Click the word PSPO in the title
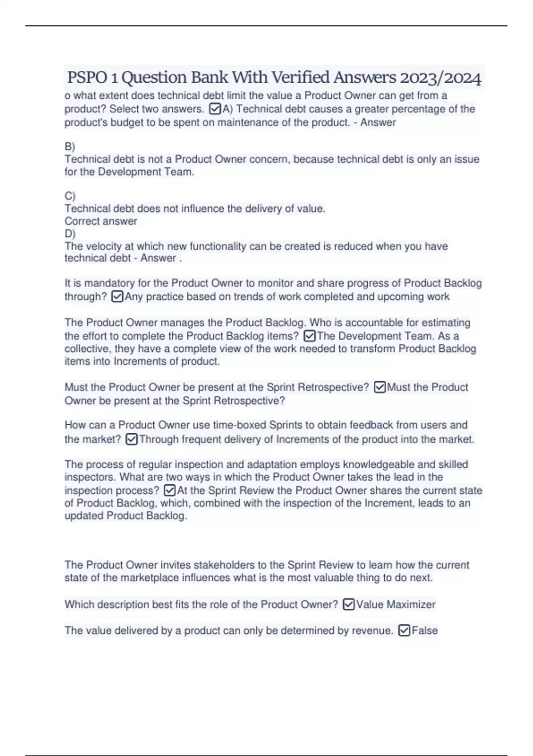(87, 78)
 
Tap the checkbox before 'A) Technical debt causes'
(215, 109)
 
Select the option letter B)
(70, 146)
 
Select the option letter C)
(70, 196)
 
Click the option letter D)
(70, 233)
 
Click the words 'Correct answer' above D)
(101, 221)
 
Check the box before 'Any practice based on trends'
(117, 297)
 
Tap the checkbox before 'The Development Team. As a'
(310, 336)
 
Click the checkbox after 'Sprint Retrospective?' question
(380, 387)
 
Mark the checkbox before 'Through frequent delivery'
(131, 439)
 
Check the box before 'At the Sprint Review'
(170, 491)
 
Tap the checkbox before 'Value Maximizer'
(349, 604)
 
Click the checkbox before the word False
(404, 631)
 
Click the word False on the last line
(425, 631)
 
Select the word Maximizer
(411, 604)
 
